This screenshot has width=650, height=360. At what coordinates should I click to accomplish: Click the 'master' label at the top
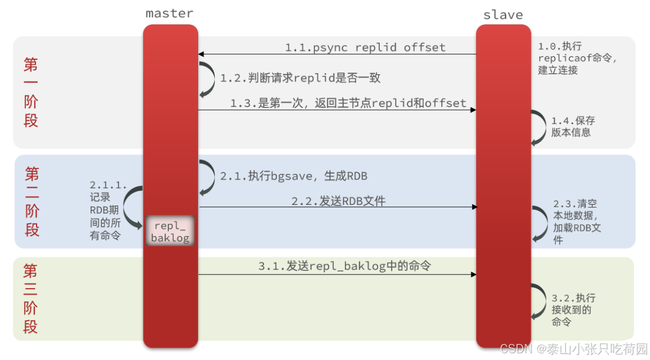170,13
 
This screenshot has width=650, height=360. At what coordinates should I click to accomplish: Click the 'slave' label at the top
503,14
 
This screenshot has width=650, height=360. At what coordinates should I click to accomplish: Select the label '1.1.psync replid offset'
365,47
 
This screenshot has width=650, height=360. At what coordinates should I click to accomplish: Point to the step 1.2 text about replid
301,78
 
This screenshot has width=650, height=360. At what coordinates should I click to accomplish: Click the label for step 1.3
348,103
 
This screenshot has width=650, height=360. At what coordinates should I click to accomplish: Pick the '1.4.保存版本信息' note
573,126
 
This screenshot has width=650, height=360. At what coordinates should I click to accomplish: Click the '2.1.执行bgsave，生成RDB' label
294,176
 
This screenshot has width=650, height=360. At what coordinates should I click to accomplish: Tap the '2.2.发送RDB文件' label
338,201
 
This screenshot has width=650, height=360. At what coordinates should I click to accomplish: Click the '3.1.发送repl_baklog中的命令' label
344,266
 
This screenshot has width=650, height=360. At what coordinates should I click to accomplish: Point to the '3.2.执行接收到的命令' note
573,310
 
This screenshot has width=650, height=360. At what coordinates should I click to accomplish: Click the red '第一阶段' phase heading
31,92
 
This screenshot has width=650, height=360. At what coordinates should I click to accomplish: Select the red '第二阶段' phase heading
32,202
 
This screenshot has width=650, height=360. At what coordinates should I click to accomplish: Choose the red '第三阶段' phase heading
30,299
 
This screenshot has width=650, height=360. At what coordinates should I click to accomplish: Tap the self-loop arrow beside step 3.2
538,302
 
